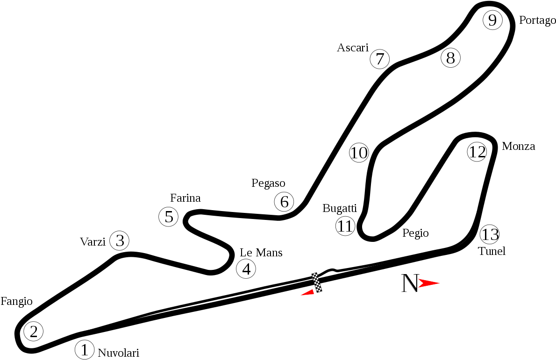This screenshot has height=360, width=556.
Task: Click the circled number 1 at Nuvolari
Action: pyautogui.click(x=85, y=350)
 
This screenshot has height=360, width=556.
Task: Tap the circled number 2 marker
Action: pyautogui.click(x=34, y=332)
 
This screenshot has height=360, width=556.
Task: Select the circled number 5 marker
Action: pyautogui.click(x=168, y=217)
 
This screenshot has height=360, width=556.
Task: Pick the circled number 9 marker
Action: pyautogui.click(x=492, y=20)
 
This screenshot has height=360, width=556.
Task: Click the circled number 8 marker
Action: pyautogui.click(x=450, y=58)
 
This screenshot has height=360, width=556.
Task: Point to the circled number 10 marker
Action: pyautogui.click(x=359, y=153)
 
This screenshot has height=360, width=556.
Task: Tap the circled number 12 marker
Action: pyautogui.click(x=477, y=152)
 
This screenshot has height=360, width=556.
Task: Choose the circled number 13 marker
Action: pyautogui.click(x=490, y=234)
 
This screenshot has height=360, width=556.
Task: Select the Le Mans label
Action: pyautogui.click(x=261, y=253)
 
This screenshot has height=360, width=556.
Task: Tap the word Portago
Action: pyautogui.click(x=537, y=21)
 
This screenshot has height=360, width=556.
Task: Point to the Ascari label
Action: pyautogui.click(x=353, y=48)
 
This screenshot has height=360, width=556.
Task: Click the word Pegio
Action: pyautogui.click(x=415, y=233)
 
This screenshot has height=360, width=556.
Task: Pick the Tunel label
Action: pyautogui.click(x=492, y=251)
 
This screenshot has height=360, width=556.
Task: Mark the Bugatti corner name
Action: pyautogui.click(x=340, y=209)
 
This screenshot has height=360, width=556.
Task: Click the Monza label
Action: pyautogui.click(x=519, y=146)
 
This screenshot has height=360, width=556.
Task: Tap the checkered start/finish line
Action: pyautogui.click(x=317, y=282)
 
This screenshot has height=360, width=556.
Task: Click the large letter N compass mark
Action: pyautogui.click(x=410, y=283)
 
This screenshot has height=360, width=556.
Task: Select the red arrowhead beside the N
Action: pyautogui.click(x=429, y=283)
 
